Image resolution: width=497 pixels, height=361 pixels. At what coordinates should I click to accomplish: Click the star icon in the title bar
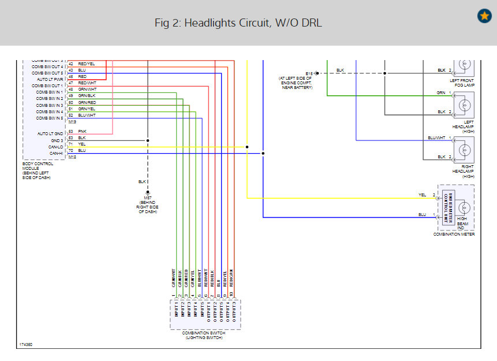[x=484, y=16]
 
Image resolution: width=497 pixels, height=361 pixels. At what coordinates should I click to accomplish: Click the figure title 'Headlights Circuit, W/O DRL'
[x=238, y=23]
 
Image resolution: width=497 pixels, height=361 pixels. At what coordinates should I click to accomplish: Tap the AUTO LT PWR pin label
[x=51, y=79]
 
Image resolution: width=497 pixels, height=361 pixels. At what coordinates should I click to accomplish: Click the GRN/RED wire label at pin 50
[x=87, y=102]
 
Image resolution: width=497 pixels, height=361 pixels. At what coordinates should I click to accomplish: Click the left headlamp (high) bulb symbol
[x=464, y=106]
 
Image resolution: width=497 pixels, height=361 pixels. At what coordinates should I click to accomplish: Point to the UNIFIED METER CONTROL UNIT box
[x=448, y=207]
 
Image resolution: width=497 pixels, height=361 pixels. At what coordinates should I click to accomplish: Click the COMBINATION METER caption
[x=455, y=234]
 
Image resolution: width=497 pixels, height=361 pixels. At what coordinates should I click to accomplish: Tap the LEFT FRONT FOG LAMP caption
[x=464, y=83]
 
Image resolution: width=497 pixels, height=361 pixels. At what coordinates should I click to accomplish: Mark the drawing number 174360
[x=26, y=344]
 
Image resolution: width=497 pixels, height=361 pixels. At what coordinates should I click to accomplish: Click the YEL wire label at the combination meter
[x=423, y=195]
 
